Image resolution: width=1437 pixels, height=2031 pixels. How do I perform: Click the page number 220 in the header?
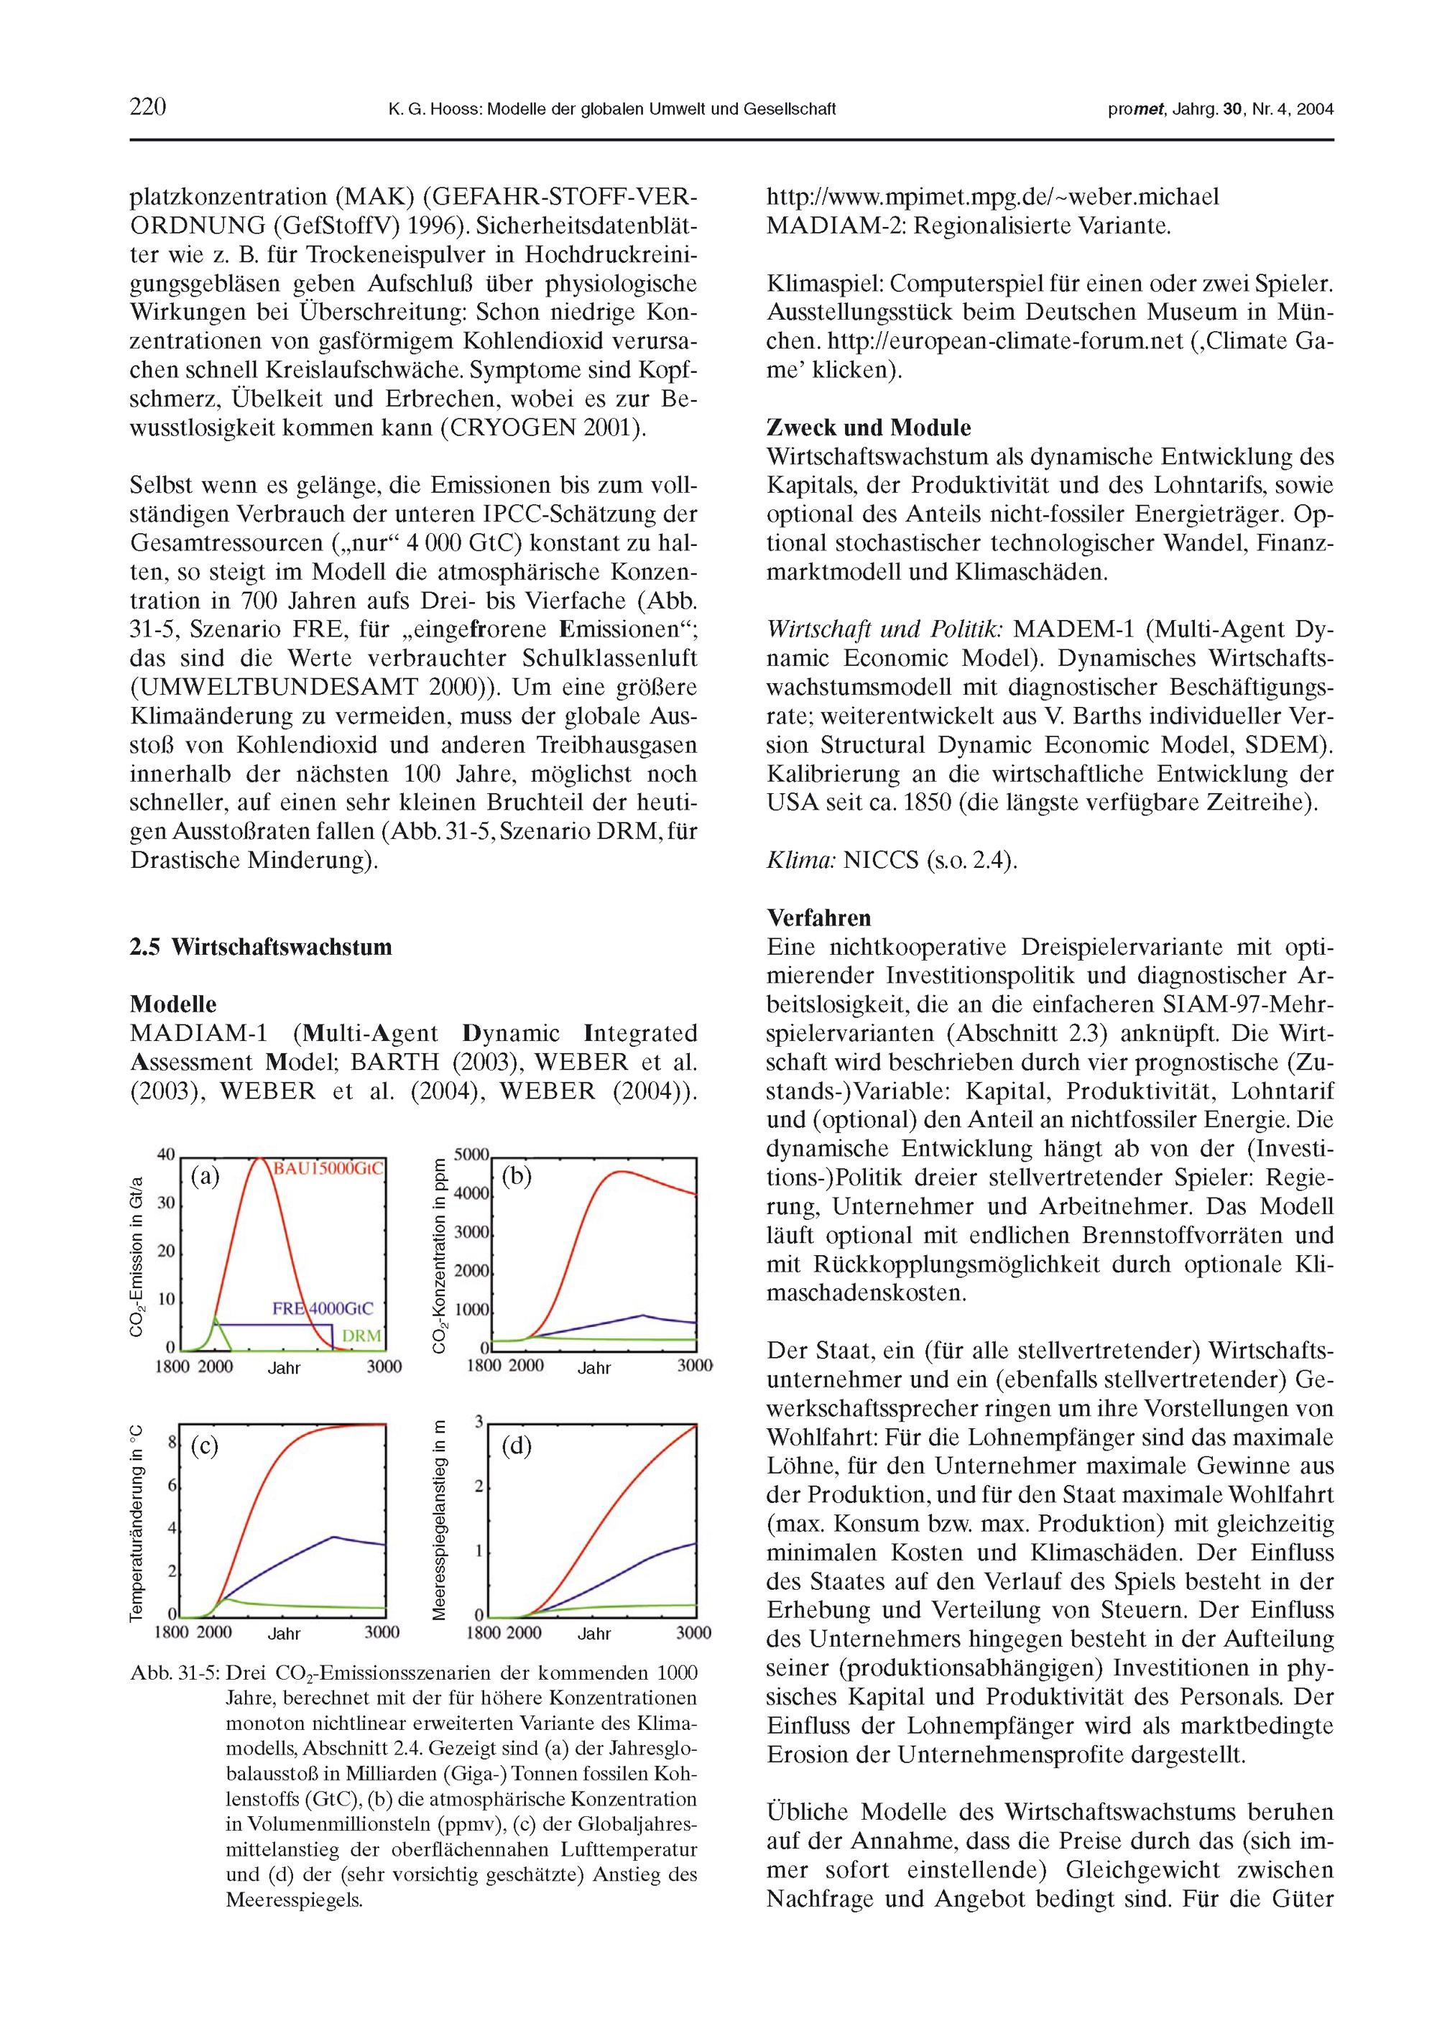pyautogui.click(x=148, y=108)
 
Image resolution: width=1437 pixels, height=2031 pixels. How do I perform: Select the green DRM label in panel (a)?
pyautogui.click(x=362, y=1336)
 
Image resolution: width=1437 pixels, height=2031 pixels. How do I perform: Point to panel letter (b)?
pyautogui.click(x=516, y=1175)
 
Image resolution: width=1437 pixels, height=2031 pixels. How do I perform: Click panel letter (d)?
pyautogui.click(x=516, y=1446)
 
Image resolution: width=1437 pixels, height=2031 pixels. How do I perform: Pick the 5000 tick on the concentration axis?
pyautogui.click(x=471, y=1155)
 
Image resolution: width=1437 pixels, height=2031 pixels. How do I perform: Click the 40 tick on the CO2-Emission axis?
pyautogui.click(x=165, y=1155)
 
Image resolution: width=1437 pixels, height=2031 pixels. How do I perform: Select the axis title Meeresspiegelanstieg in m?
pyautogui.click(x=438, y=1521)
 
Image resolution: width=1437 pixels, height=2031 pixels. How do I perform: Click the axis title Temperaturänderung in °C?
pyautogui.click(x=137, y=1522)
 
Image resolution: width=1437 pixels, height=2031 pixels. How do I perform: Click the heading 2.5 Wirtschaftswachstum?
pyautogui.click(x=260, y=948)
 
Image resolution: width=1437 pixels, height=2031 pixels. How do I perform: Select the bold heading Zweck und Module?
pyautogui.click(x=868, y=428)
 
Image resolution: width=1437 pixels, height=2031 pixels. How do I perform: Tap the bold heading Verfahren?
pyautogui.click(x=818, y=918)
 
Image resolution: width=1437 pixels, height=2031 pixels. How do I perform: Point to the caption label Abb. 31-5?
pyautogui.click(x=175, y=1674)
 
